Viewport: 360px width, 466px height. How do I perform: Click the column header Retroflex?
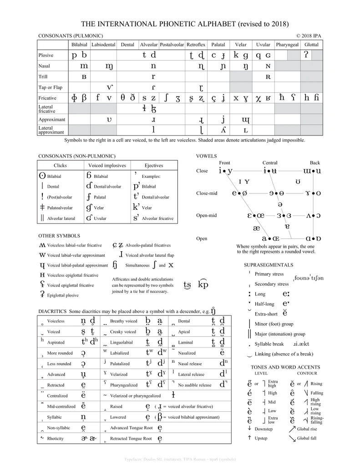click(x=196, y=45)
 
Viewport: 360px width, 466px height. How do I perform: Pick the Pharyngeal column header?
click(x=287, y=45)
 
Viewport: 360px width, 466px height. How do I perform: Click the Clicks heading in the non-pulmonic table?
click(x=60, y=165)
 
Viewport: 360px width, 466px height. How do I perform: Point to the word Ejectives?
click(x=153, y=165)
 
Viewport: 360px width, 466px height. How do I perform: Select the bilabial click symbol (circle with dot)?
click(x=42, y=175)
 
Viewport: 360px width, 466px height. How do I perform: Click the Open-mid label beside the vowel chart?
click(x=206, y=215)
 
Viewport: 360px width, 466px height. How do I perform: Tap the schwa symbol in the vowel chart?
click(x=280, y=204)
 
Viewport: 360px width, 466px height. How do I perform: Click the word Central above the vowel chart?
click(x=270, y=162)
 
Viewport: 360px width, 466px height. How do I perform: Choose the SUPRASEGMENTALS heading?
click(x=269, y=265)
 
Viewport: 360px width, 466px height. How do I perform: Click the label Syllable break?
click(x=269, y=344)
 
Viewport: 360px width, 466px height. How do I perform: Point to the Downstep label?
click(x=264, y=429)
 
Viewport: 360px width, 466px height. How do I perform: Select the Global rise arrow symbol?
click(x=291, y=428)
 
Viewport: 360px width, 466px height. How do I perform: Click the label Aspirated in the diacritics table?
click(x=56, y=342)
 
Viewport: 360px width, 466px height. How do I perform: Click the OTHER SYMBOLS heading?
click(x=59, y=236)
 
